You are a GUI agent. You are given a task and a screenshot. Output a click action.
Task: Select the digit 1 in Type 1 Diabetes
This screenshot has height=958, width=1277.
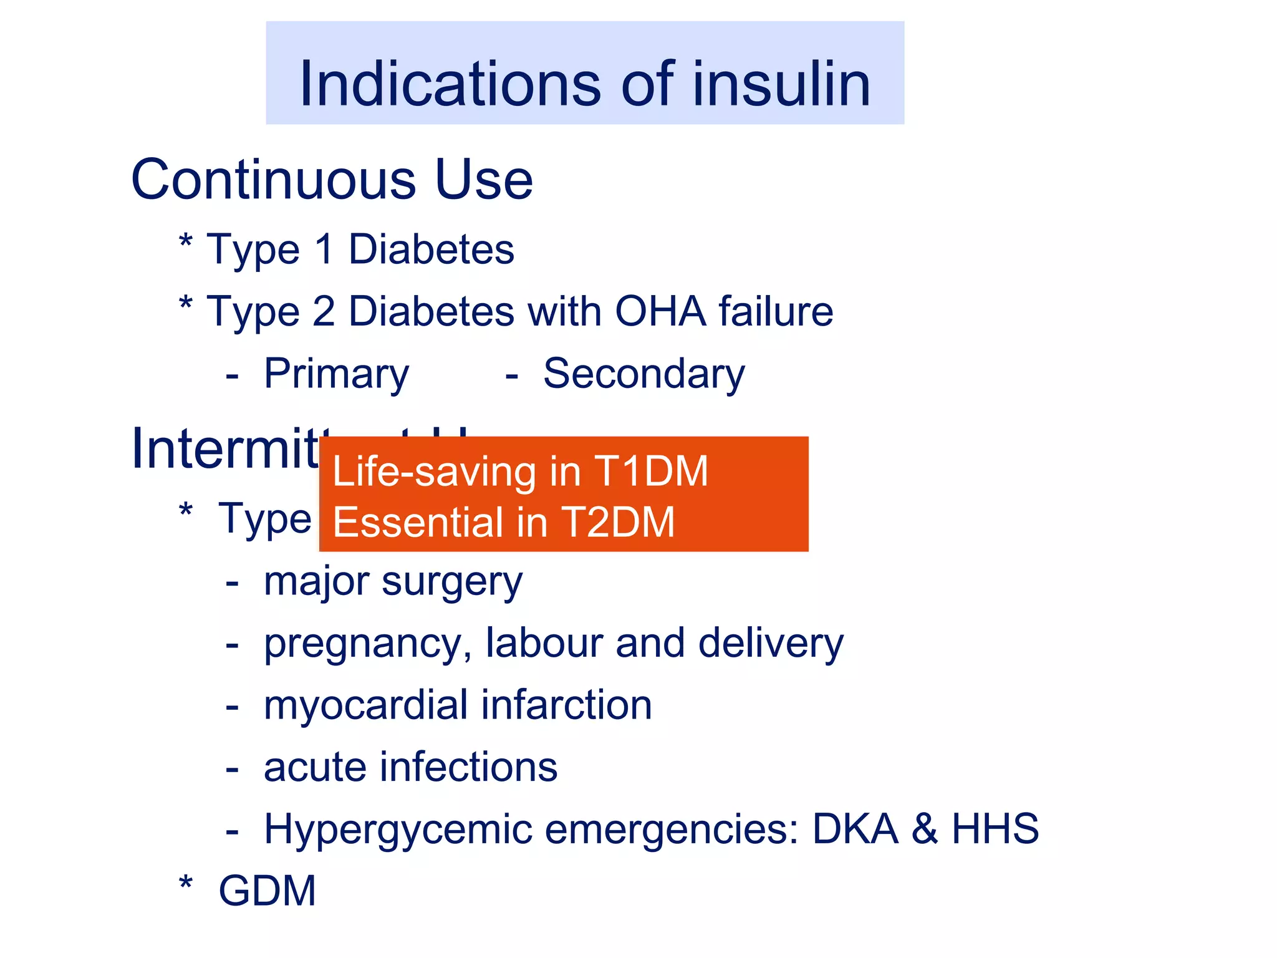click(324, 249)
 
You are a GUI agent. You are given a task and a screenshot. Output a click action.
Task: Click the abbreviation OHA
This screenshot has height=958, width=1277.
click(660, 311)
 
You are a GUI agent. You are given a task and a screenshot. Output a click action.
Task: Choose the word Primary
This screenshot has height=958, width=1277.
click(337, 375)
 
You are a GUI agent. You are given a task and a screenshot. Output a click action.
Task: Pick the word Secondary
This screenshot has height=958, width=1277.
click(644, 375)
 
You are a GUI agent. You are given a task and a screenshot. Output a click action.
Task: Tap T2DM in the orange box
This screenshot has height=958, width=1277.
click(618, 522)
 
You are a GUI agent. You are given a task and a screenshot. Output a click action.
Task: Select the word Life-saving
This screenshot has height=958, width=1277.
click(435, 471)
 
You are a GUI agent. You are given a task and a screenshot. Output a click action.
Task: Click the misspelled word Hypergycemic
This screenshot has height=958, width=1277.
click(397, 830)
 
